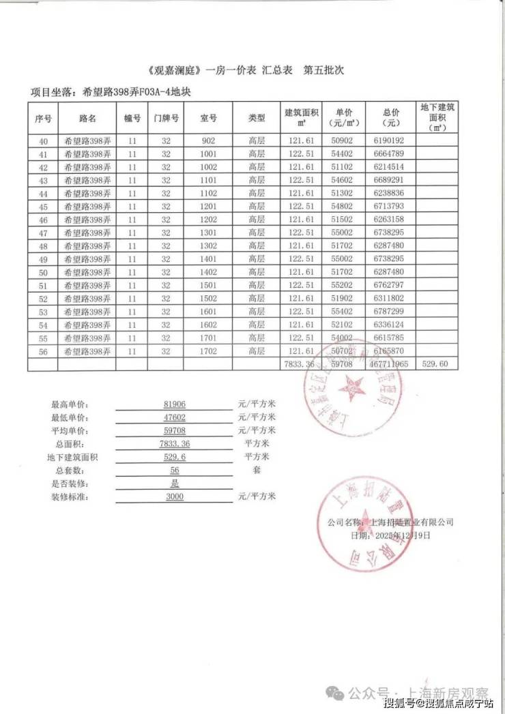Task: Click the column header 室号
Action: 208,119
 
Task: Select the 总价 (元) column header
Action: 391,118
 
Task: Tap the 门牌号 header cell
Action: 166,119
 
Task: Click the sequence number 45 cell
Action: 43,207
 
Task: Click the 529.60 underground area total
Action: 435,365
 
